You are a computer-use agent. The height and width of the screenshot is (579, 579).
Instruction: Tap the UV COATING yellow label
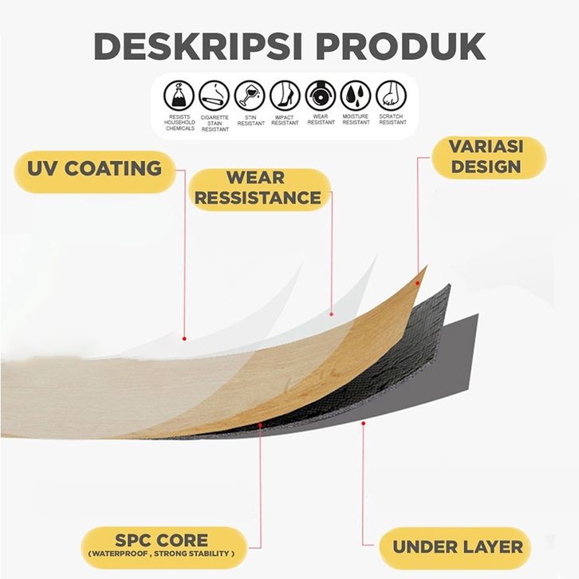[95, 169]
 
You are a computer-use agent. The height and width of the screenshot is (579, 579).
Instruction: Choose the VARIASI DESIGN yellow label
[485, 157]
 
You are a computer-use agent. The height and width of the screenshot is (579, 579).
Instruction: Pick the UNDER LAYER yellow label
[458, 547]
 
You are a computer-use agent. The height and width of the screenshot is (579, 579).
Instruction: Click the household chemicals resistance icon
[179, 96]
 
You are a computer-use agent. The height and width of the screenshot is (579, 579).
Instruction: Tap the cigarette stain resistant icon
[215, 96]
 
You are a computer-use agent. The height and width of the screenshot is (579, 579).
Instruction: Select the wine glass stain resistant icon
[250, 96]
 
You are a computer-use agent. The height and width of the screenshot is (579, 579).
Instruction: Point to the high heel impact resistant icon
[285, 96]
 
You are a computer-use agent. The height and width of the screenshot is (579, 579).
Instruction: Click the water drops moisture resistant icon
[356, 96]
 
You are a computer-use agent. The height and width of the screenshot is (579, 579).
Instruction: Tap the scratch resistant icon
[391, 96]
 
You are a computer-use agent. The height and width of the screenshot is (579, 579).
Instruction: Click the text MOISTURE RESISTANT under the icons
[356, 120]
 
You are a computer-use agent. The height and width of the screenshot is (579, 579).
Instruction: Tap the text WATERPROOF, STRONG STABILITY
[161, 553]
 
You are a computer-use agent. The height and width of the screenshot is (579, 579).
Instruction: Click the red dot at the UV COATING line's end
[184, 337]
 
